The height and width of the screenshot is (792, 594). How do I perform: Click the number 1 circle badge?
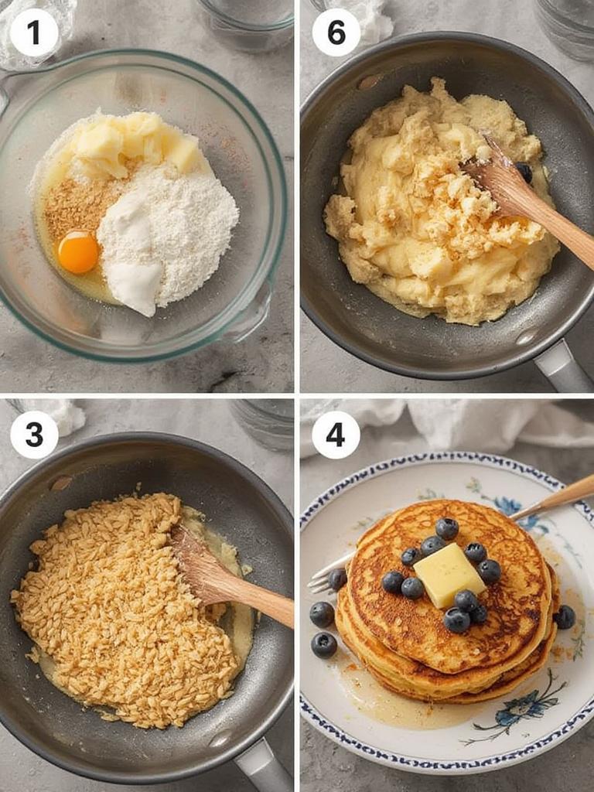point(34,32)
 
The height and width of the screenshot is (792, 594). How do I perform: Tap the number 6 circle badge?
point(336,32)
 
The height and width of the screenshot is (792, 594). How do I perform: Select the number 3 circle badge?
point(34,435)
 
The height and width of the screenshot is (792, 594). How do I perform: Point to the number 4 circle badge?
point(336,435)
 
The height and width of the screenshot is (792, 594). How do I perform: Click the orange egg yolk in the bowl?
point(78,253)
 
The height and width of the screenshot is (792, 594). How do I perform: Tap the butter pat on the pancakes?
point(449,575)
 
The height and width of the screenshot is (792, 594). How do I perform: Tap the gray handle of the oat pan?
point(263,766)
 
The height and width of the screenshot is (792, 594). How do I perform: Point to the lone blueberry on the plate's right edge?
point(565,616)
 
